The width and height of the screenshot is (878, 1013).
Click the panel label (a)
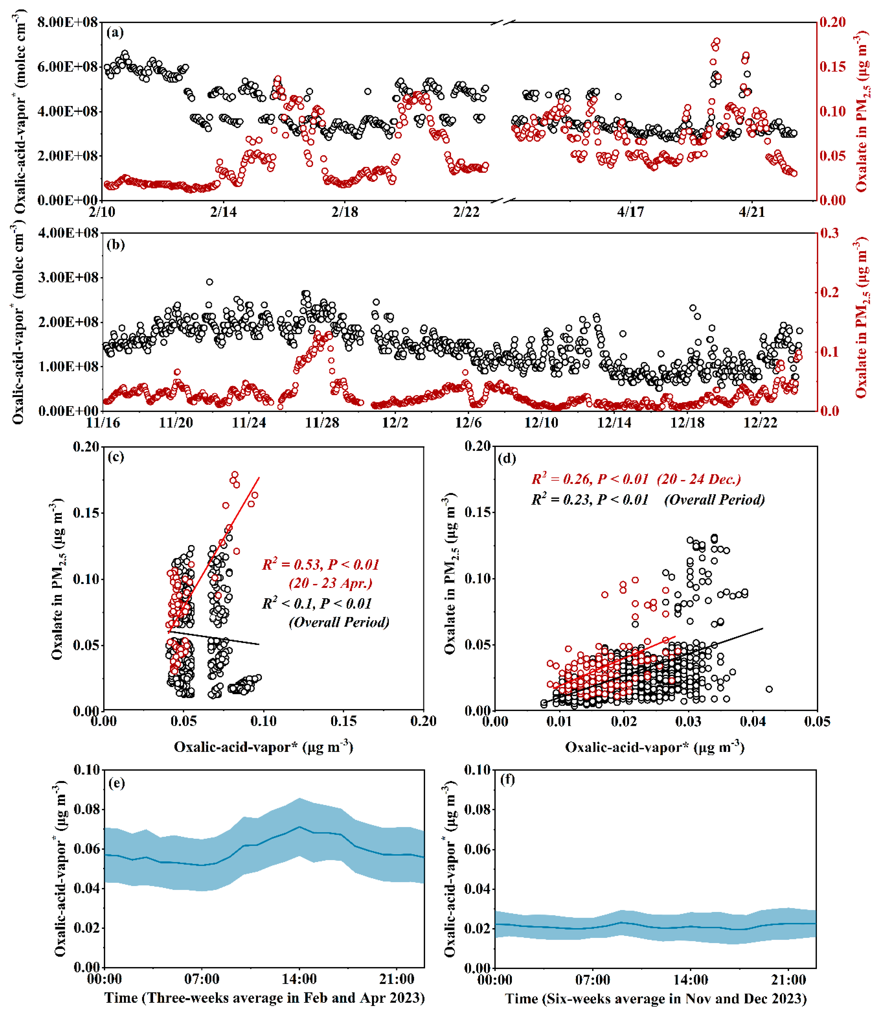pyautogui.click(x=115, y=33)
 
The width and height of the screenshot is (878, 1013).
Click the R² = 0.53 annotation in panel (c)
pyautogui.click(x=321, y=565)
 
